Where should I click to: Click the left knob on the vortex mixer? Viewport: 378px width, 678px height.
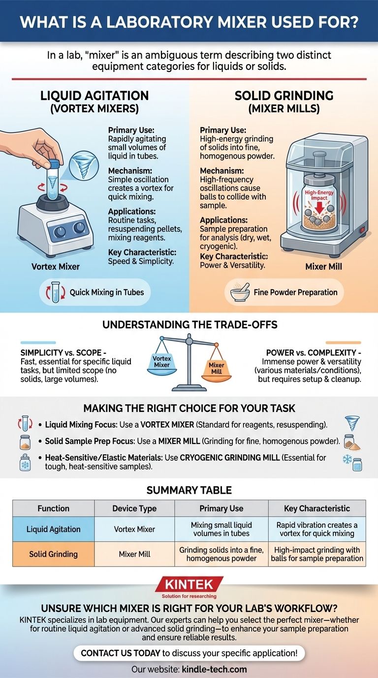pos(60,232)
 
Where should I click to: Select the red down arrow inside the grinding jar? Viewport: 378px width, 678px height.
pos(319,207)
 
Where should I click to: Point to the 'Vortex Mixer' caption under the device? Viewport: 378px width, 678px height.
pos(56,267)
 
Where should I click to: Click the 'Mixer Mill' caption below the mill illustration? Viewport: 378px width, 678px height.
pos(323,267)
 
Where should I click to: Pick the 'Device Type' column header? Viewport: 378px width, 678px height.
pos(134,508)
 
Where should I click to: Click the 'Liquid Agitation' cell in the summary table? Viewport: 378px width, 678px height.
pos(54,529)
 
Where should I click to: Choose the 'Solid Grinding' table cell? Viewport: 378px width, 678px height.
pos(54,554)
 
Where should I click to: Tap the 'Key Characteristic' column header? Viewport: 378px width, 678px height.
pos(317,508)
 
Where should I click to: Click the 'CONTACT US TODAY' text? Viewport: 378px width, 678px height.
pos(121,653)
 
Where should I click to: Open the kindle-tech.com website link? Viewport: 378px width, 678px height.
pos(214,669)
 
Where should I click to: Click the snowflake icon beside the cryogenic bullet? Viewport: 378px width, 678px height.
pos(347,459)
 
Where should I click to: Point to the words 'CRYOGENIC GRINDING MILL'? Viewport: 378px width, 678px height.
pos(230,457)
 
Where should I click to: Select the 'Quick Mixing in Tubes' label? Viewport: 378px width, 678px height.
pos(107,292)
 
